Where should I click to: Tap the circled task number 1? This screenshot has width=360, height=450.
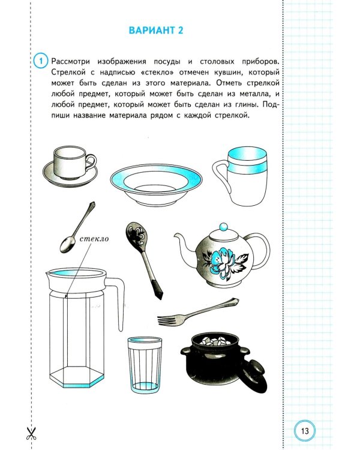[39, 61]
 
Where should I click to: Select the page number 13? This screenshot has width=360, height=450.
[304, 430]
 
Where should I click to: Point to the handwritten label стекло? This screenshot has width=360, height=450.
[92, 240]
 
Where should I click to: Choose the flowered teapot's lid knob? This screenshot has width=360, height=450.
[223, 227]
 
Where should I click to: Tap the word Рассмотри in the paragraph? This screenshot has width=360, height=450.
[74, 61]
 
